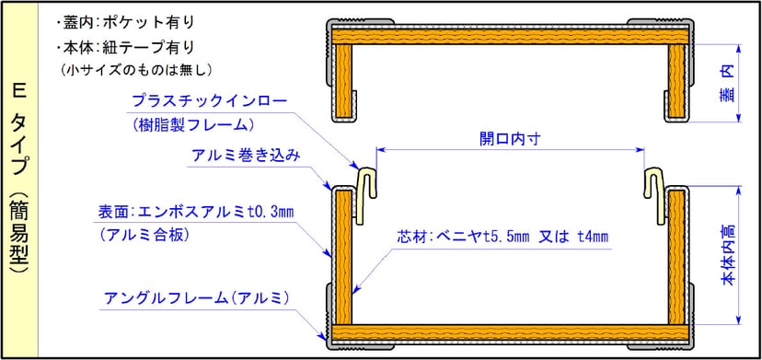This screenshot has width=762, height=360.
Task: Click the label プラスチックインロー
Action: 210,100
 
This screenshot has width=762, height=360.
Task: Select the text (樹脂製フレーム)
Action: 193,123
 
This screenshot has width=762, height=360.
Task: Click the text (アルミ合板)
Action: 146,236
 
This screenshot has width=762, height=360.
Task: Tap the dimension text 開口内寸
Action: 509,139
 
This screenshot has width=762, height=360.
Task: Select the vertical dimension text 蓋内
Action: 727,83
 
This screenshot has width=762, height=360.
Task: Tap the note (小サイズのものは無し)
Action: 137,69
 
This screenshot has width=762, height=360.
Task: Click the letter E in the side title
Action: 19,91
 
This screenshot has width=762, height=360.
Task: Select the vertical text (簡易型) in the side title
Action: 19,229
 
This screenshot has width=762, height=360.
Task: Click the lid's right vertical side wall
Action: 676,83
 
